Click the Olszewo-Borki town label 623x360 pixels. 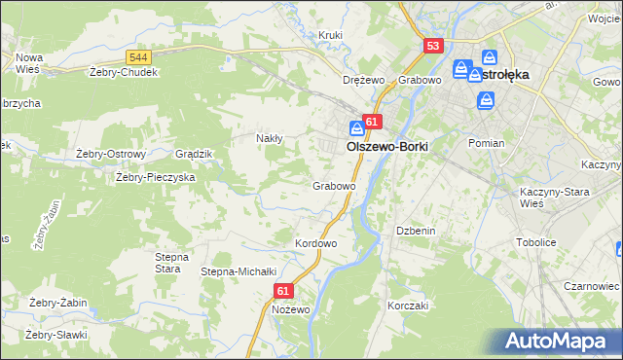pos(387,146)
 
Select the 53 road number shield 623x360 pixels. pos(433,46)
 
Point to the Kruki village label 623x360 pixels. pos(331,35)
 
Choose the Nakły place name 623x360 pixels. pos(269,138)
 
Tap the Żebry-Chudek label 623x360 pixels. pos(123,71)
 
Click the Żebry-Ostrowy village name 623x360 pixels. pos(111,154)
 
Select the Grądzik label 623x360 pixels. pos(193,154)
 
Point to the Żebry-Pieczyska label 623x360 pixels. pos(156,177)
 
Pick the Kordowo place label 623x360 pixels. pos(315,243)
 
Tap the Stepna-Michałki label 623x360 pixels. pos(239,271)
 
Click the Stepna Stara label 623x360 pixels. pos(171,263)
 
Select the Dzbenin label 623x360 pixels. pos(413,231)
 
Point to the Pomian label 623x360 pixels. pos(486,143)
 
